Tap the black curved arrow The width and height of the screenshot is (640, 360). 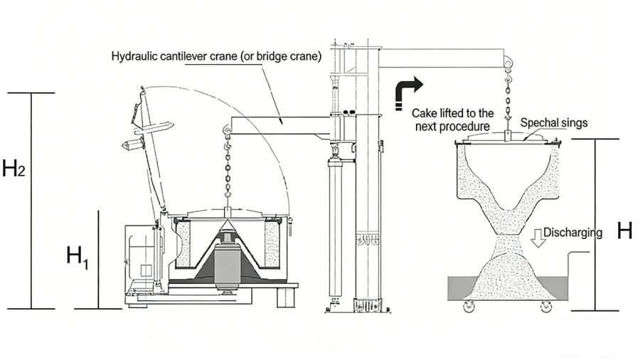[x=408, y=90]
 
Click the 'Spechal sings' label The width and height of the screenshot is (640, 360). [x=554, y=122]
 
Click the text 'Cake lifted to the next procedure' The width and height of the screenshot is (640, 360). [x=453, y=120]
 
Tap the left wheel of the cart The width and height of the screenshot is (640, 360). [x=470, y=307]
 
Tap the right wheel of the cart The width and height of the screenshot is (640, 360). [x=546, y=307]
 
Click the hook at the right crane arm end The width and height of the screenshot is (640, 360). [x=509, y=65]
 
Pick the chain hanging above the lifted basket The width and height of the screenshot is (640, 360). [x=509, y=100]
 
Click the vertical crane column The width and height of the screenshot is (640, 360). [x=370, y=178]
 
